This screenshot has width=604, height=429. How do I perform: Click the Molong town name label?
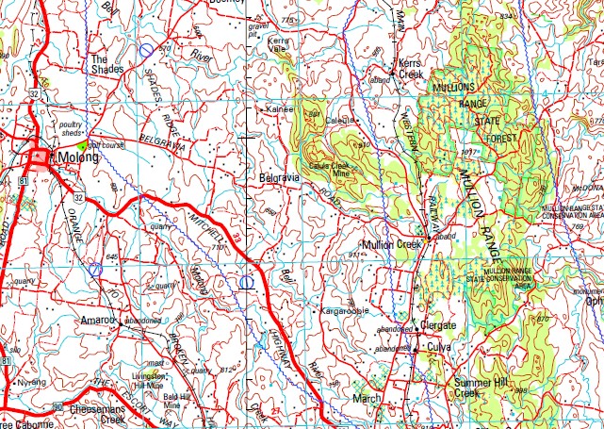[x=80, y=157]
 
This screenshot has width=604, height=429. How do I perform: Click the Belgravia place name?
[x=278, y=177]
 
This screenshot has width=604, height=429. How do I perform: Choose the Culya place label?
[x=439, y=347]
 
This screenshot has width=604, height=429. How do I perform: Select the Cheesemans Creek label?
[x=97, y=412]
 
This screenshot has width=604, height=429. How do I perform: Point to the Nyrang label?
[x=31, y=383]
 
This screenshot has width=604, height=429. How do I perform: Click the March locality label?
[x=367, y=399]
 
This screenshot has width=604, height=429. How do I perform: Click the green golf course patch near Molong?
[x=84, y=146]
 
